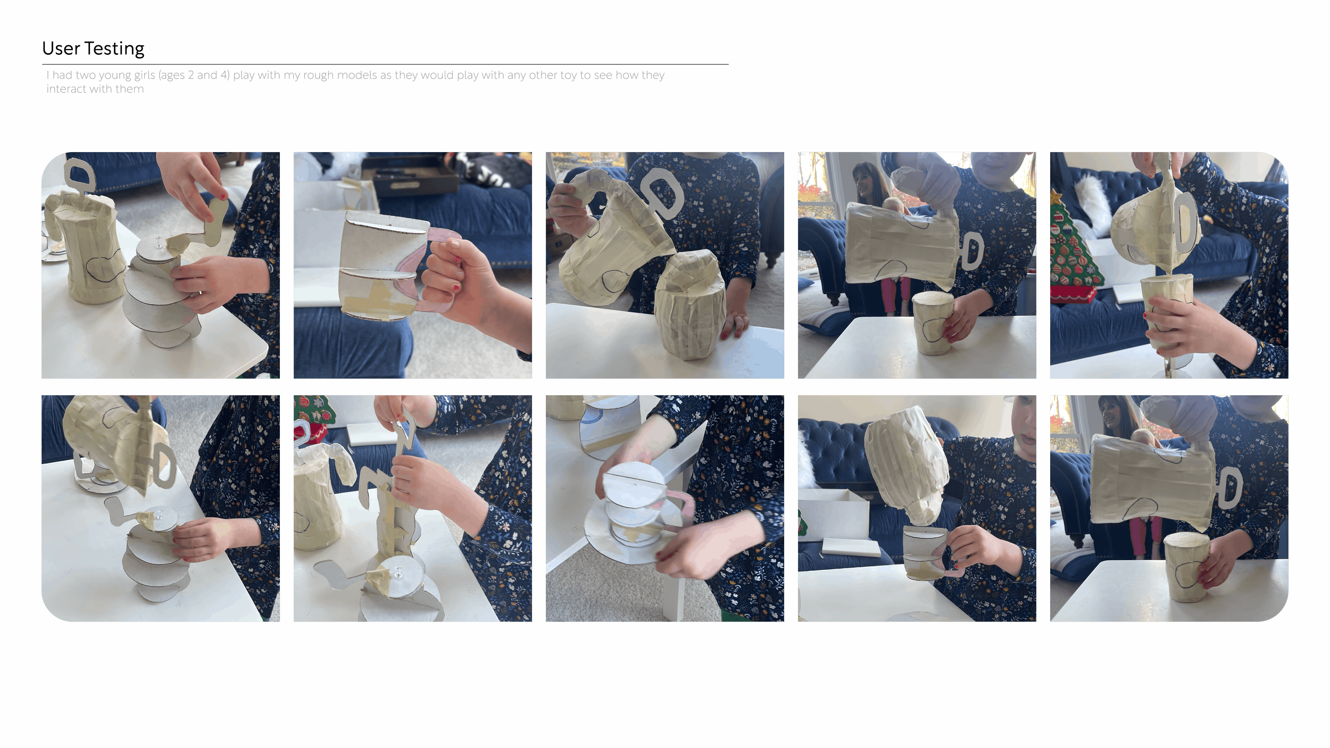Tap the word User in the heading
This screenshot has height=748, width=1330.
pos(61,48)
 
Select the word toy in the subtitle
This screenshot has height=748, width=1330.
pos(568,75)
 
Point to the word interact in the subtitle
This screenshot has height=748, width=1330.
pos(65,89)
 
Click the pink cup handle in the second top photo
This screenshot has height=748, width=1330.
pos(428,269)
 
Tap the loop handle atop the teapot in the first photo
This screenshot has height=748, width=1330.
pos(80,176)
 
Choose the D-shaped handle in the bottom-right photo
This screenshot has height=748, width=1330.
pos(1229,487)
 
